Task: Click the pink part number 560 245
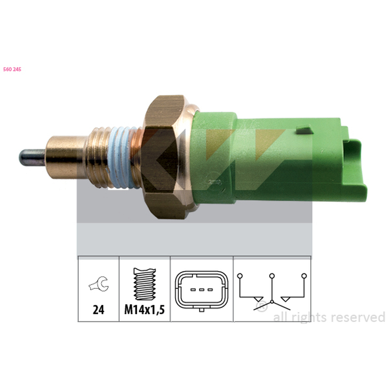12,70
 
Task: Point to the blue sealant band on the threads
121,157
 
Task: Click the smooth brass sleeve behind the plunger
66,157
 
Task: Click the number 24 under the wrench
98,310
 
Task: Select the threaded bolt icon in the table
144,284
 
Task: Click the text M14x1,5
144,310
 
